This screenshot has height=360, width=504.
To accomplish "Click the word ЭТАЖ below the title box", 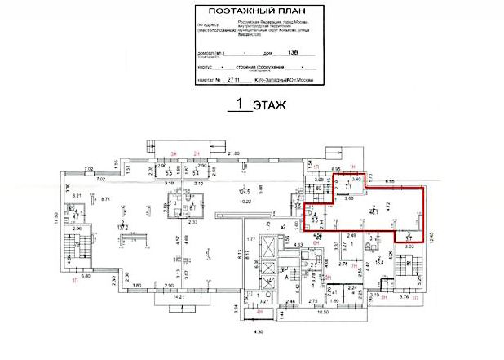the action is pyautogui.click(x=268, y=106).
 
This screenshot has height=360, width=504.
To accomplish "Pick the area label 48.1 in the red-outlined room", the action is pyautogui.click(x=373, y=211).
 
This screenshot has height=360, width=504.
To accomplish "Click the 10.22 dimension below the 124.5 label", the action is pyautogui.click(x=243, y=202).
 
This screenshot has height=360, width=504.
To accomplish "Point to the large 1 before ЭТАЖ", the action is pyautogui.click(x=240, y=104).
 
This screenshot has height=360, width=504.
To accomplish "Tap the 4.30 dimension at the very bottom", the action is pyautogui.click(x=259, y=332).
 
